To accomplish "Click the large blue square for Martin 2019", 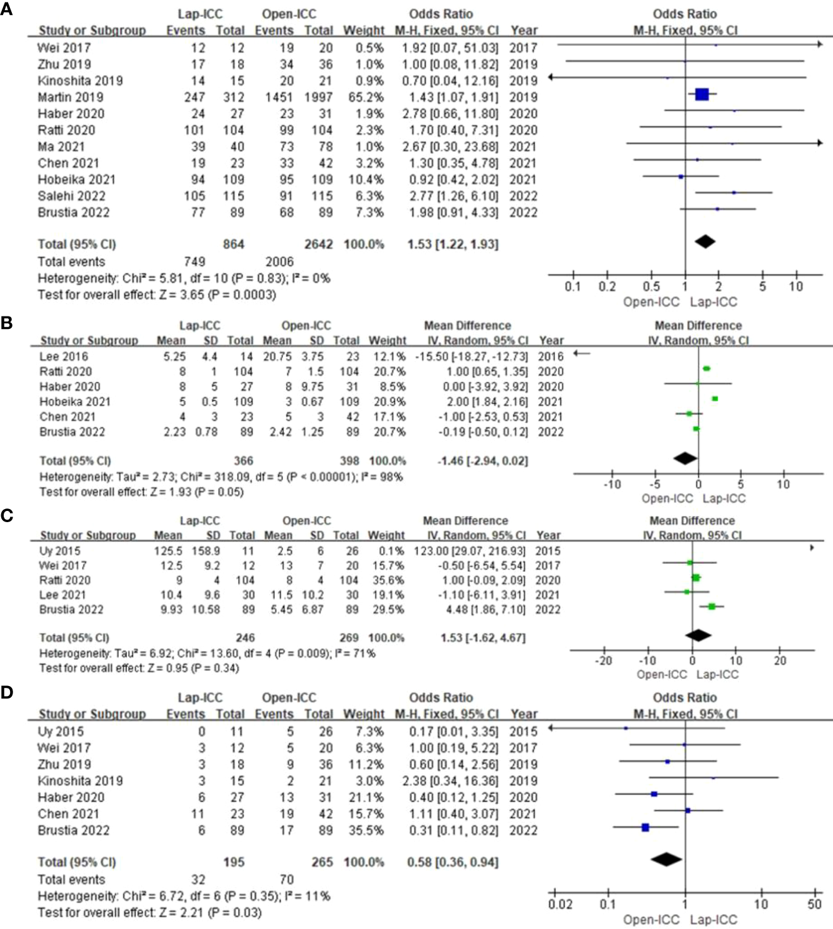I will [x=702, y=95].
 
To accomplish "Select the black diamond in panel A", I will [x=705, y=241].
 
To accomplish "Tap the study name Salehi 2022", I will [x=71, y=196].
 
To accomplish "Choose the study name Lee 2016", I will [x=64, y=356].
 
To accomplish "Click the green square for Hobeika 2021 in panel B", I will [x=715, y=399].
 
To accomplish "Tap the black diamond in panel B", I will [x=685, y=459].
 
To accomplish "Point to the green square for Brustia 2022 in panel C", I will [x=712, y=606].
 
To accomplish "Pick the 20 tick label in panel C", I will [x=780, y=660].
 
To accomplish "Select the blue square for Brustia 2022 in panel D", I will [x=645, y=827].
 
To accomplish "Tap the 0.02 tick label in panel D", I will [x=560, y=904].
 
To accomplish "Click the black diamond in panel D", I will [x=666, y=859].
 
